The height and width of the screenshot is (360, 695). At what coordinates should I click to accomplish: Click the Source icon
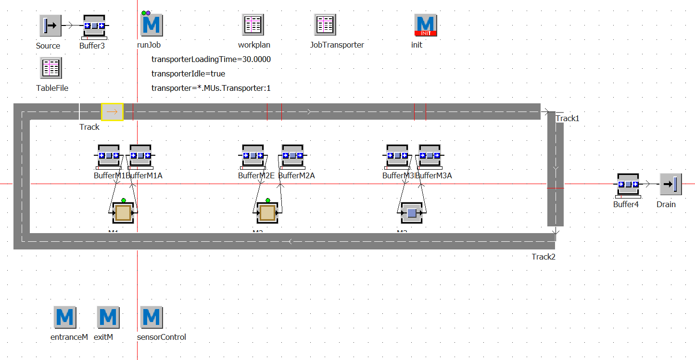coord(51,25)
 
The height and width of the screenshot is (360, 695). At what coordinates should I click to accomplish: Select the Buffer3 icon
coord(94,25)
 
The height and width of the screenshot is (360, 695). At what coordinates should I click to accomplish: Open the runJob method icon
coord(152,25)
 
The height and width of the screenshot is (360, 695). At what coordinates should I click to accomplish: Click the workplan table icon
coord(253,25)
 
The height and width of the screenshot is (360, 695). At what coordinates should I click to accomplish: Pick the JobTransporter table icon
coord(326,25)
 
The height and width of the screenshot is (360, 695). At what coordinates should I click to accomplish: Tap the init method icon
coord(426,25)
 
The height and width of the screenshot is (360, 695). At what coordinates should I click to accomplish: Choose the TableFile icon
coord(51,68)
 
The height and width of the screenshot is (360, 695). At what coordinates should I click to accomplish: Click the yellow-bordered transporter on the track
coord(112,112)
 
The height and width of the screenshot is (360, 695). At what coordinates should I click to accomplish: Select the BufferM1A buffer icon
coord(141,155)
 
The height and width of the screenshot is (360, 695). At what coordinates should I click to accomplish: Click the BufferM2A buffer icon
coord(292,155)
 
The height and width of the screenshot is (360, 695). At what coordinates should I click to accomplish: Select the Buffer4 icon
coord(628,185)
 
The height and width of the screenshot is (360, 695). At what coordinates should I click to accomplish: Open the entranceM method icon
coord(65,317)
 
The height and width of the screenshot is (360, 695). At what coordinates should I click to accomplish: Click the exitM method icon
coord(108,317)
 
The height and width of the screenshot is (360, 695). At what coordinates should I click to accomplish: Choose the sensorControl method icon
coord(152,317)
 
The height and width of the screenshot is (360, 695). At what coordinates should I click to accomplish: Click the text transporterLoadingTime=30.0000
coord(211,60)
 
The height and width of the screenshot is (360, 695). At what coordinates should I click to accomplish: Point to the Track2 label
coord(543,257)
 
